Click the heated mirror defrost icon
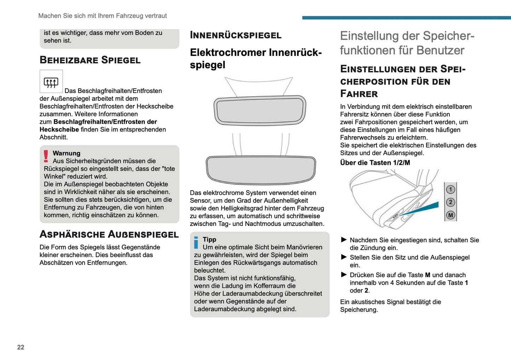point(51,82)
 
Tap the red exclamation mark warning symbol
point(46,156)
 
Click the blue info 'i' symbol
point(196,242)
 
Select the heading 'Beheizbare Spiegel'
point(90,60)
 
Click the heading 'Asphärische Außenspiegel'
point(109,234)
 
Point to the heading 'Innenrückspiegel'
point(236,35)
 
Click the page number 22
point(21,347)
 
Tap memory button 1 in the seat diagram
point(450,190)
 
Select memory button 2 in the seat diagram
point(450,202)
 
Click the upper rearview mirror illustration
point(260,110)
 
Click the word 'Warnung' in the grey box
point(66,153)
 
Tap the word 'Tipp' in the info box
point(209,239)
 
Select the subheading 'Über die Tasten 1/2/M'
point(375,163)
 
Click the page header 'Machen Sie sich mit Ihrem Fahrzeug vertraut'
point(103,16)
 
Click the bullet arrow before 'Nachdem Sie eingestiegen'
point(344,240)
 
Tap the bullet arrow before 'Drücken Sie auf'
point(344,275)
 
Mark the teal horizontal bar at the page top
point(406,18)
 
